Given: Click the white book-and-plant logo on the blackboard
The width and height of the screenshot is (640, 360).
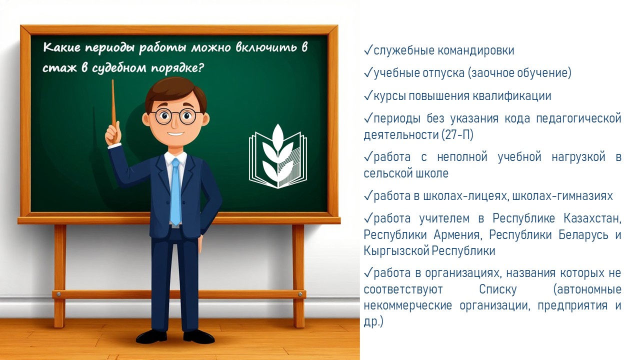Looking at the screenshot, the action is pyautogui.click(x=278, y=156).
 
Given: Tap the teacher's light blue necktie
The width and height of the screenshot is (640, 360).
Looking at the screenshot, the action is pyautogui.click(x=175, y=191).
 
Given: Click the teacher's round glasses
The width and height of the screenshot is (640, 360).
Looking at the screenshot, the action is pyautogui.click(x=175, y=116).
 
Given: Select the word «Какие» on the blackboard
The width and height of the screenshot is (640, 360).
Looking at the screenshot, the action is pyautogui.click(x=61, y=47).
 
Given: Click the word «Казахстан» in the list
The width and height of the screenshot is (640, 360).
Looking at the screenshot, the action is pyautogui.click(x=592, y=218).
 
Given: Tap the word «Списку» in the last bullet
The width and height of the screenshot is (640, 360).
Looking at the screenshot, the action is pyautogui.click(x=498, y=289).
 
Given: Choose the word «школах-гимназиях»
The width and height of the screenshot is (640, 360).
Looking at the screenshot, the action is pyautogui.click(x=562, y=196).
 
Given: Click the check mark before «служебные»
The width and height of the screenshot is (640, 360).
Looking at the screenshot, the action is pyautogui.click(x=368, y=50).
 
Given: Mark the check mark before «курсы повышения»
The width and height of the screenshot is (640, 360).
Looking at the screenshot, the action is pyautogui.click(x=368, y=95).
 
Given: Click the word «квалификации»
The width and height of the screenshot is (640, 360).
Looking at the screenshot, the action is pyautogui.click(x=511, y=96).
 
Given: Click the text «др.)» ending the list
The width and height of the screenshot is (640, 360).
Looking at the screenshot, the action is pyautogui.click(x=373, y=321).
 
